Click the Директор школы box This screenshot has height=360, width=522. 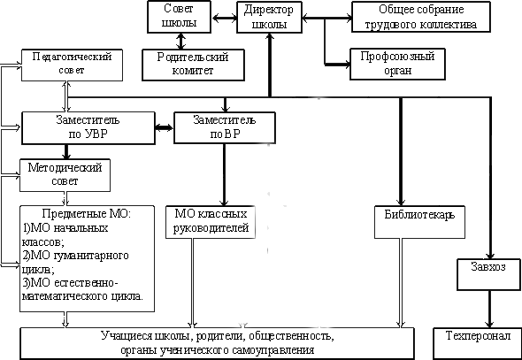click(x=269, y=17)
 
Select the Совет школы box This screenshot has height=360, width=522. click(x=179, y=17)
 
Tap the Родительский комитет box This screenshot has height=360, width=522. click(x=193, y=65)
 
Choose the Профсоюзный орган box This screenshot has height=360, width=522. click(x=397, y=64)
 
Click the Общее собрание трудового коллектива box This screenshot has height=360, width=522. click(x=421, y=17)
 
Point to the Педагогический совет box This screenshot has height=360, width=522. click(x=72, y=65)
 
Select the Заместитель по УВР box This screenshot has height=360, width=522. click(x=88, y=127)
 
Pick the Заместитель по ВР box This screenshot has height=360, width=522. click(x=225, y=127)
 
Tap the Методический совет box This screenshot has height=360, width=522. click(x=65, y=175)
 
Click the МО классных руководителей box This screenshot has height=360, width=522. click(x=211, y=222)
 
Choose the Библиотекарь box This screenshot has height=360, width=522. click(x=419, y=222)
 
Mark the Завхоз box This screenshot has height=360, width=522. click(x=488, y=274)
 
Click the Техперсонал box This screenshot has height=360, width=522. click(x=478, y=343)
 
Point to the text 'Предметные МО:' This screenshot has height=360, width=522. click(x=87, y=213)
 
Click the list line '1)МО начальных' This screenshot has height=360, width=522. click(x=65, y=228)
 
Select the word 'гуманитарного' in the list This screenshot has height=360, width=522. click(x=91, y=256)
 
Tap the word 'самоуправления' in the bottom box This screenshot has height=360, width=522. click(x=273, y=350)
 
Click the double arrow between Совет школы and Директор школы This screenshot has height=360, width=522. click(x=224, y=18)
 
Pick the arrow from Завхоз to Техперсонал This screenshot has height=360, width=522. click(x=489, y=309)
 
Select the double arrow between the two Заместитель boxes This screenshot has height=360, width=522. click(x=165, y=127)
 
